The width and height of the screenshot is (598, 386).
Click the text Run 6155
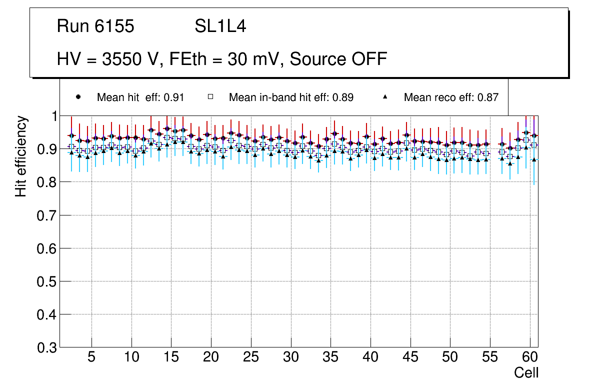pos(95,26)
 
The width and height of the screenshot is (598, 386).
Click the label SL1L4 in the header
pos(220,26)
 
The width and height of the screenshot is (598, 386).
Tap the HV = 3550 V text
pos(109,59)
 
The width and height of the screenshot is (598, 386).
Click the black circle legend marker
pos(78,97)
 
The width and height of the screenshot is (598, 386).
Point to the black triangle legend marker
pos(385,97)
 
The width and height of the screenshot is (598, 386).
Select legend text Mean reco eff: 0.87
pos(451,97)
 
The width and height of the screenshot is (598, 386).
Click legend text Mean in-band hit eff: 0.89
pos(291,97)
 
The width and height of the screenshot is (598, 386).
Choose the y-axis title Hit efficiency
pos(20,156)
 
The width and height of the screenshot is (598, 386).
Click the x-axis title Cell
pos(526,373)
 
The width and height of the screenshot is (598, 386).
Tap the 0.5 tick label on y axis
pos(46,281)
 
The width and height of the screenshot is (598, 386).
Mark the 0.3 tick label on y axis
pos(46,347)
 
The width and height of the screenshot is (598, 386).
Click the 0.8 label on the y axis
pos(46,182)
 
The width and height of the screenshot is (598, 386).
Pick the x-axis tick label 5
pos(91,357)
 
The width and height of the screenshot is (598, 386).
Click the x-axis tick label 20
pos(211,357)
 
